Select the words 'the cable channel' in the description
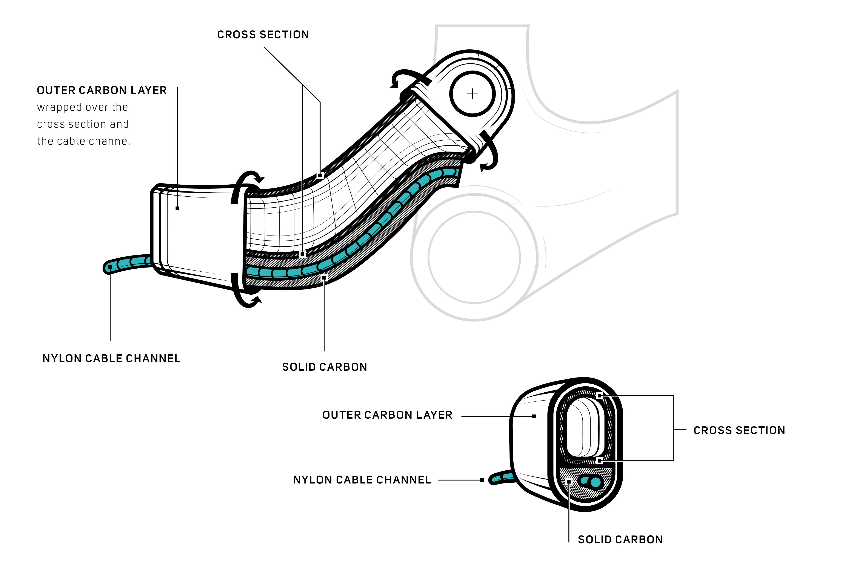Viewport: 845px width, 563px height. [x=84, y=141]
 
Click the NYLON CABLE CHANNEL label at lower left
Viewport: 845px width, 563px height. [x=111, y=359]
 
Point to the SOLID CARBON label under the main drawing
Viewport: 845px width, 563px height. [x=324, y=367]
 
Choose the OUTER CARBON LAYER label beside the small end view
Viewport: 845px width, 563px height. [x=387, y=415]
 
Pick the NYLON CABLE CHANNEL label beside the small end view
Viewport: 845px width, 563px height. [x=362, y=480]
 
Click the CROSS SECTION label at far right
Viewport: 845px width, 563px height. [x=739, y=430]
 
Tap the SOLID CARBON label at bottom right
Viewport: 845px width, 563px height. [x=620, y=540]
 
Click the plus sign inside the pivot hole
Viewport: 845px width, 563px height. [x=473, y=94]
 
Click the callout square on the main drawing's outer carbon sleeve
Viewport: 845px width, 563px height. [x=177, y=208]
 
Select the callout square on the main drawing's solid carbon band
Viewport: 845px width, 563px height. [x=324, y=278]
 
